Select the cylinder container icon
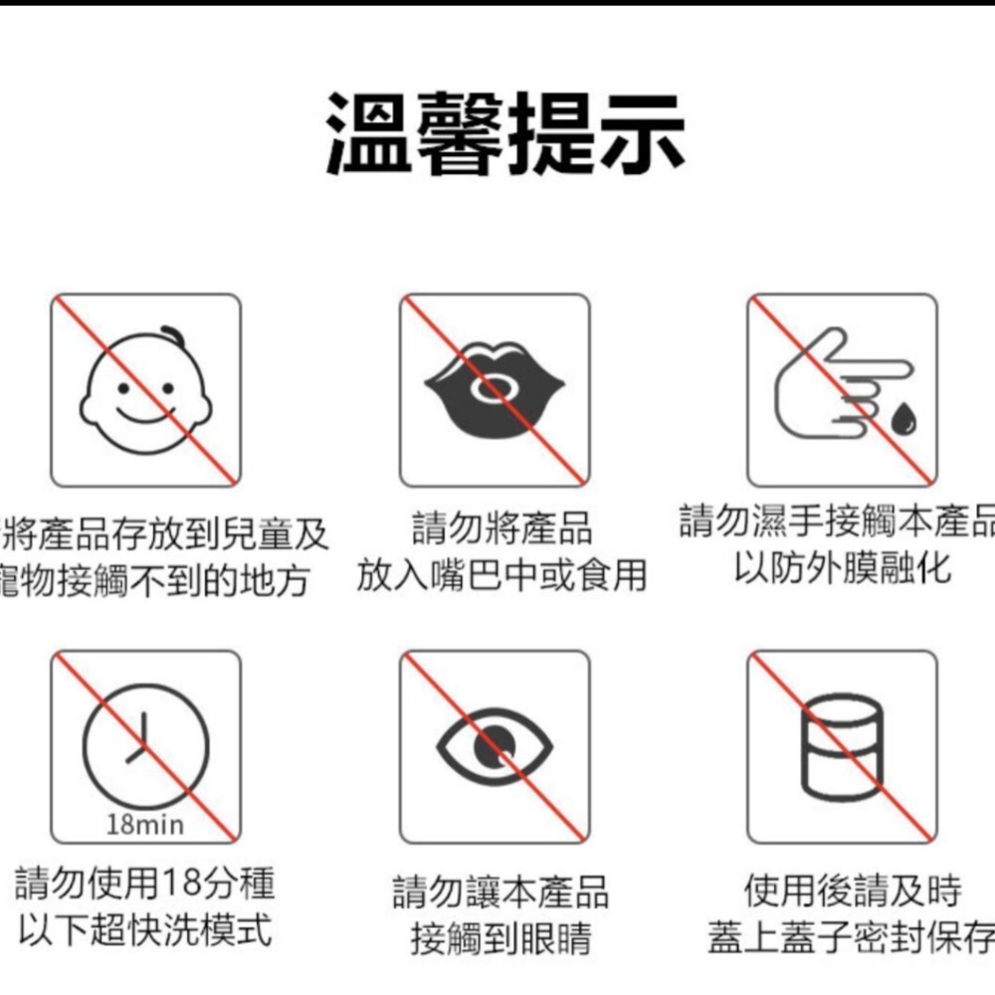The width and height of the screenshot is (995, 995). (842, 747)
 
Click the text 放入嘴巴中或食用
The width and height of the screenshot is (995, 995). (502, 574)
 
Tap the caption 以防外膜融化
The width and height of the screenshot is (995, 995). (842, 568)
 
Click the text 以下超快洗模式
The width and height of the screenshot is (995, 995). (145, 931)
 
